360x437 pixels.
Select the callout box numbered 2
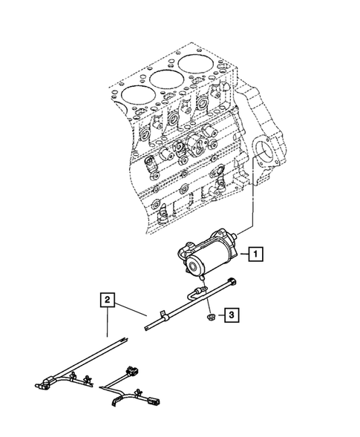[x=108, y=300]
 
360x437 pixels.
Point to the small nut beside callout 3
[x=211, y=317]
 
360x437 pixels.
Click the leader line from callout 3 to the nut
[x=218, y=317]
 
